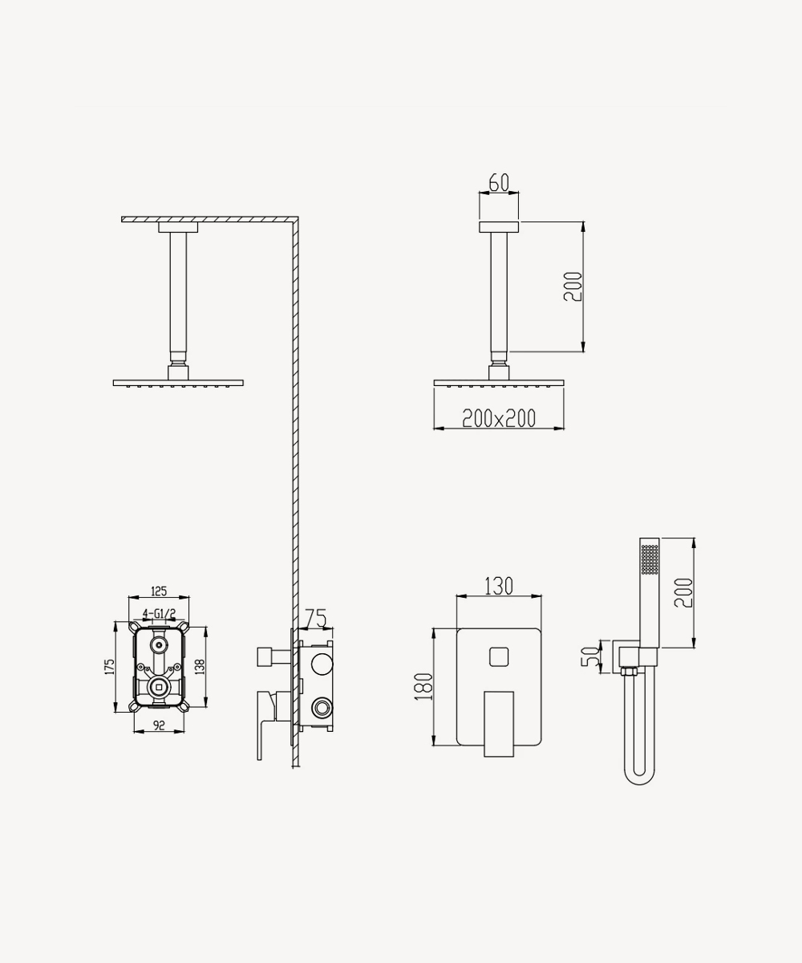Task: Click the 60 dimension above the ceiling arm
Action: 499,183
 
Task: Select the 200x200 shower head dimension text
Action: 499,418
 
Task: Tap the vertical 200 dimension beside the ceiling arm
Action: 573,286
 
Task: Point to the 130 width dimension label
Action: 499,586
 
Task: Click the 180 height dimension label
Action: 423,687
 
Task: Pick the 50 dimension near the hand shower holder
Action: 590,656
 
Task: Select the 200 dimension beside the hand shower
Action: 683,593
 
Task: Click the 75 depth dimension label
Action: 316,619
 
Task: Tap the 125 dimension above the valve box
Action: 159,591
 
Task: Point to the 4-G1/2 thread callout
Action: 159,613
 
